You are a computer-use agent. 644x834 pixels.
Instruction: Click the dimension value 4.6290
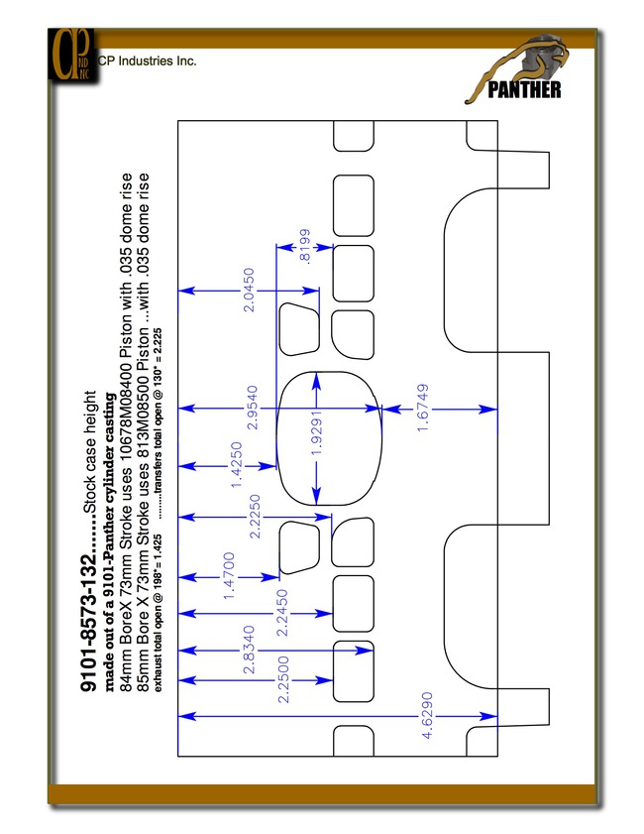427,715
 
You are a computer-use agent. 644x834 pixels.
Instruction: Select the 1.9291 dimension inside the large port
317,433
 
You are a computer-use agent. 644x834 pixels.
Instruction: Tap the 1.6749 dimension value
423,408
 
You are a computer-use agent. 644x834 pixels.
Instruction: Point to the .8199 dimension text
305,246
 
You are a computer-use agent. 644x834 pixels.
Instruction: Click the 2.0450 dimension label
248,290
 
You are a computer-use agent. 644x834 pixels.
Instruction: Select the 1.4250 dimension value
237,465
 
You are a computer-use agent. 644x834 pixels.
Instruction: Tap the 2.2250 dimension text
255,517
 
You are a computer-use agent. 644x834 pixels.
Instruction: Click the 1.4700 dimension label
229,576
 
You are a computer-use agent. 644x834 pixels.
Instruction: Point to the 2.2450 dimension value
282,613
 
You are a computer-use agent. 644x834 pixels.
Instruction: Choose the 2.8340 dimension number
249,650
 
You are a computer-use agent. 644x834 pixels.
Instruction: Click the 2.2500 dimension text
283,679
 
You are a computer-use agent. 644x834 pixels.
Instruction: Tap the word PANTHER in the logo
524,90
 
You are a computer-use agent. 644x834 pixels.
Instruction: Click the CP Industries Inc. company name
148,61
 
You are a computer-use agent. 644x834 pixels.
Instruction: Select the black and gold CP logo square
73,55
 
